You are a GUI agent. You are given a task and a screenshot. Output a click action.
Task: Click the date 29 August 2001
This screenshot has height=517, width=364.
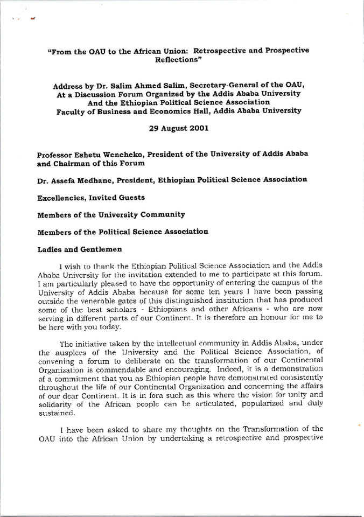[x=181, y=129]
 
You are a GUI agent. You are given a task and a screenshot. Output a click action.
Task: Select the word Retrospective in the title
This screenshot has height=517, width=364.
[x=232, y=50]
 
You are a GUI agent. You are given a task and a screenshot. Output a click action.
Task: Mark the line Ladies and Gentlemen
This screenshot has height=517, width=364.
[x=80, y=249]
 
